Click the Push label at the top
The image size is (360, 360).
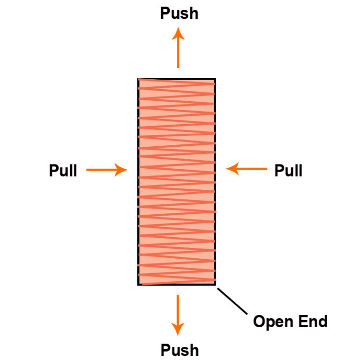(x=179, y=14)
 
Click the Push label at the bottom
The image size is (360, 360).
(x=179, y=350)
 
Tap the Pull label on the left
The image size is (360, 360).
(x=63, y=171)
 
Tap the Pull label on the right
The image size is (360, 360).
(x=288, y=171)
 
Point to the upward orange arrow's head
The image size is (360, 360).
(x=178, y=33)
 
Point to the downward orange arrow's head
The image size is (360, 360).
(x=178, y=329)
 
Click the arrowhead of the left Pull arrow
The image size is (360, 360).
(x=121, y=170)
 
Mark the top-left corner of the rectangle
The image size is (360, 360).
(x=138, y=79)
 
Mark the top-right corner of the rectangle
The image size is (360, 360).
(x=215, y=79)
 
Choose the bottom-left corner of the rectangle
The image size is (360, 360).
(x=138, y=285)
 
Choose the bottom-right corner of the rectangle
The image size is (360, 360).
(x=215, y=284)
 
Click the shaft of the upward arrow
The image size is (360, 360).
(x=178, y=54)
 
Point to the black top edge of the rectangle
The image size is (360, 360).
(x=177, y=79)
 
